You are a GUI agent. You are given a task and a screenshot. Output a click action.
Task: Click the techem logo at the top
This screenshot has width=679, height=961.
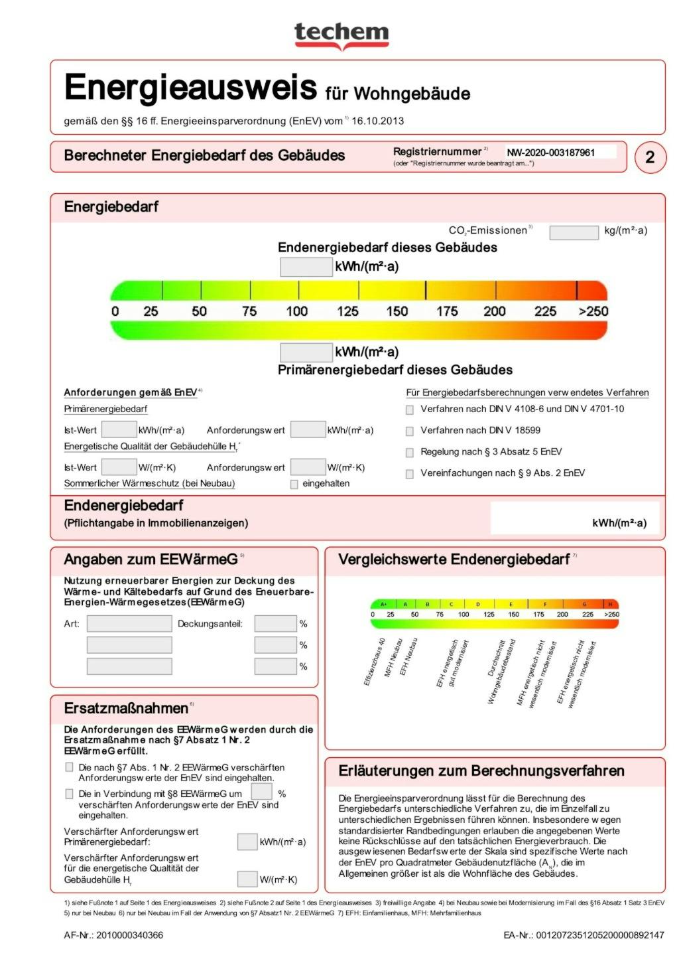tap(341, 33)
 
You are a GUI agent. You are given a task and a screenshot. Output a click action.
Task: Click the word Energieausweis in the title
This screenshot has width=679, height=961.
tap(191, 88)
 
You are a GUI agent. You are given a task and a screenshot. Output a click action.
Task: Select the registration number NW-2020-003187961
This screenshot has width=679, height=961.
tap(550, 153)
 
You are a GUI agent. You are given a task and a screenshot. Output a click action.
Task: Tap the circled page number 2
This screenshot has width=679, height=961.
tap(650, 157)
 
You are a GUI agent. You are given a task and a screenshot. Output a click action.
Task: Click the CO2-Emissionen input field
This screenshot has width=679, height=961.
tap(574, 232)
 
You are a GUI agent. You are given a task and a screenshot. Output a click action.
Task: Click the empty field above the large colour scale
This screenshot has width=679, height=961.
tap(306, 267)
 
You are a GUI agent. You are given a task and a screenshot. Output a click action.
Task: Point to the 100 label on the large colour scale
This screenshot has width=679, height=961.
tap(296, 311)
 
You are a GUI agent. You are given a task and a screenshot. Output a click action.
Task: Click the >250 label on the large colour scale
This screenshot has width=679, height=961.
tap(593, 311)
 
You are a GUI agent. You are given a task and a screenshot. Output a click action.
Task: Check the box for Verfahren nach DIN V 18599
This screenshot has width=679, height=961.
tap(410, 431)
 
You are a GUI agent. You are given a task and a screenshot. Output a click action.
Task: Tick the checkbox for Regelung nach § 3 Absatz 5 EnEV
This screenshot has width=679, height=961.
tap(410, 453)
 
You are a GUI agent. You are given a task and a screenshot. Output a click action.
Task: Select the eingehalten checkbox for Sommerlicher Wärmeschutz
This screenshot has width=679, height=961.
tap(294, 484)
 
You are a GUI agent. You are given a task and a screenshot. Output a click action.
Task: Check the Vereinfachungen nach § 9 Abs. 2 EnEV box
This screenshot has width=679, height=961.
tap(410, 474)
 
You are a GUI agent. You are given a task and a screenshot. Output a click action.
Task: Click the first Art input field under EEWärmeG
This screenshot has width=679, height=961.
tap(129, 624)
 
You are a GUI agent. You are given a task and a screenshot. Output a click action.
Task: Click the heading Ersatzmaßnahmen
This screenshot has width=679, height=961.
tap(126, 708)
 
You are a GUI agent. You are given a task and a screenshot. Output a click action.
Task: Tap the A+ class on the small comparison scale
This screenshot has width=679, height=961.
tap(383, 604)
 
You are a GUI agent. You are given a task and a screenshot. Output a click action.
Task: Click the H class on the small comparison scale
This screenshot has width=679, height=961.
tap(610, 604)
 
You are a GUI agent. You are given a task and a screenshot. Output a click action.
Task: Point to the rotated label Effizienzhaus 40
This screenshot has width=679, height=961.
tap(374, 662)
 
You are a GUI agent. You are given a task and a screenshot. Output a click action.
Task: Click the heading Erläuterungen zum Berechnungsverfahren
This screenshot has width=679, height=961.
tap(481, 771)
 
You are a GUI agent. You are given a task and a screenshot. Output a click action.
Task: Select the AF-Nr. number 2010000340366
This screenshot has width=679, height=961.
tap(130, 935)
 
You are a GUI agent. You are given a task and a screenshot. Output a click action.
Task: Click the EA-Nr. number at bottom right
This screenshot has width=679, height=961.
tap(599, 935)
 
